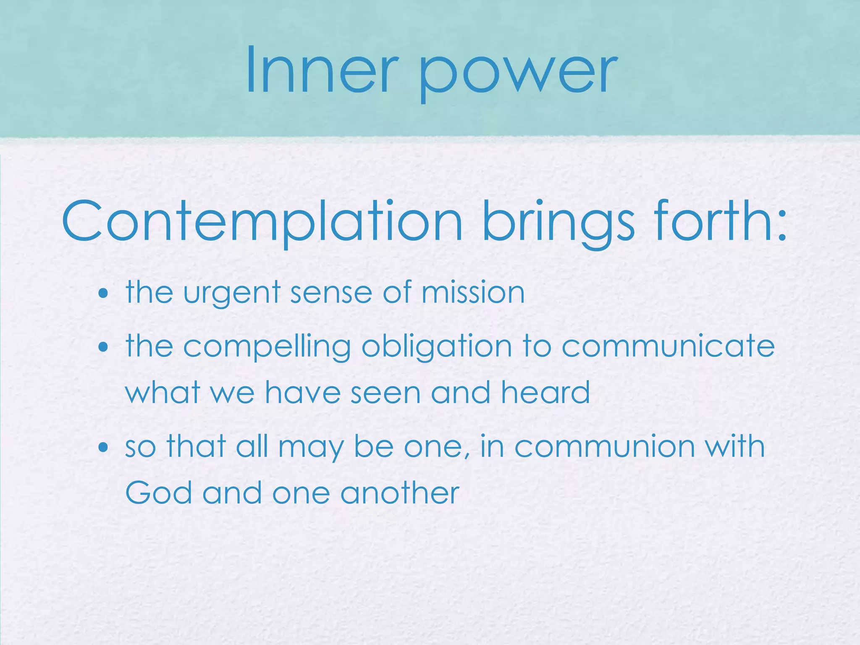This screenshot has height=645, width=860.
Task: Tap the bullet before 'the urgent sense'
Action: (x=103, y=293)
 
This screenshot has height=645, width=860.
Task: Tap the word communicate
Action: (x=668, y=346)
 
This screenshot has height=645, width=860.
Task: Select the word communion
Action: (x=604, y=447)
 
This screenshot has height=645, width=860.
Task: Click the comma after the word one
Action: (x=465, y=456)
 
